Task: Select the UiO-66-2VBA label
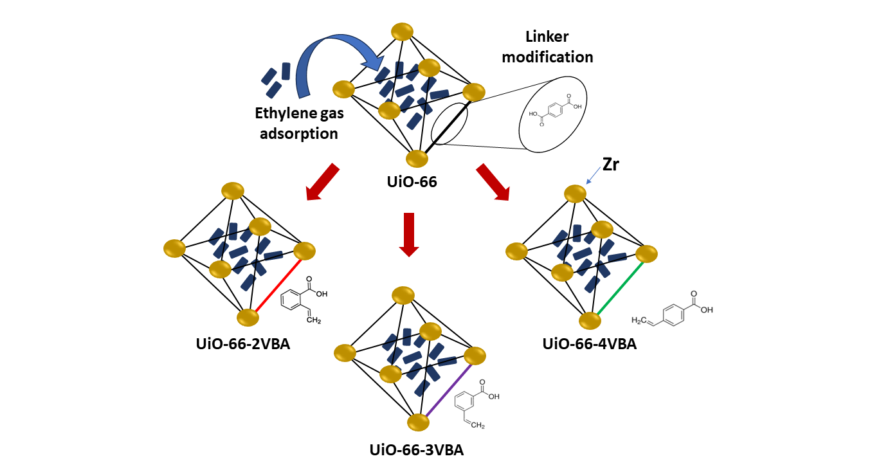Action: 243,344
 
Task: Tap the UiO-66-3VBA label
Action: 417,449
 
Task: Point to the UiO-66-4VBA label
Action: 590,344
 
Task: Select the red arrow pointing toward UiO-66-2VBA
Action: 323,181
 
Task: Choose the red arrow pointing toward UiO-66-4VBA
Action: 493,181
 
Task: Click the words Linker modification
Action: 547,47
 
